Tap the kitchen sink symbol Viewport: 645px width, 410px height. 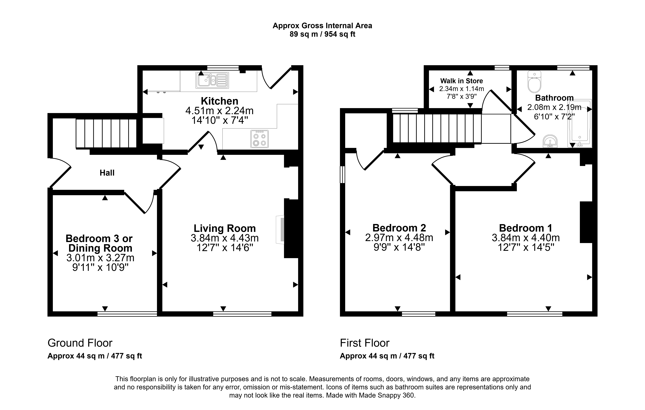212,80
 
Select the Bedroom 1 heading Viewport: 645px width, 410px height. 525,228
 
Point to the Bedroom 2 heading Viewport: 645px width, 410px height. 399,228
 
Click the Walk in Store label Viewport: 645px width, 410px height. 461,81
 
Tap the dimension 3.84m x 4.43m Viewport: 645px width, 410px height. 225,238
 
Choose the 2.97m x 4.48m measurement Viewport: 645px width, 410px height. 399,237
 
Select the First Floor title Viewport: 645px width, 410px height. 365,343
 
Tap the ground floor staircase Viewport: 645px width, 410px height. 106,133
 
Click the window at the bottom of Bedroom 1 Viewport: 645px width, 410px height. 535,314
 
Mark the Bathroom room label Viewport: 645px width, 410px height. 554,98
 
